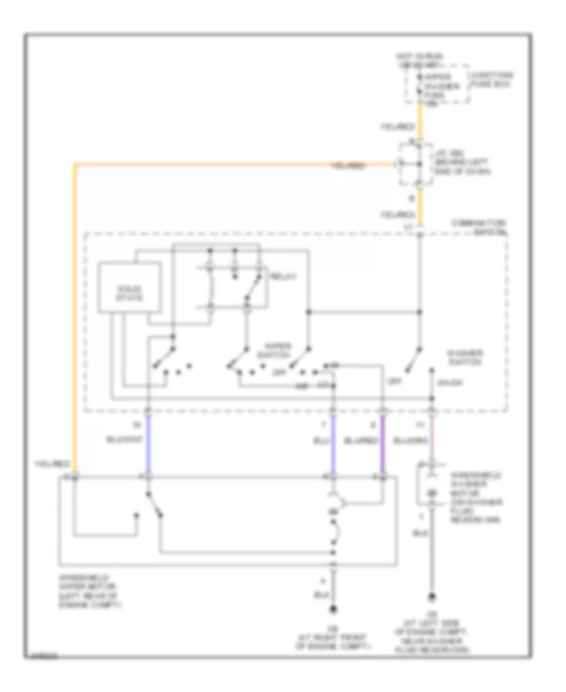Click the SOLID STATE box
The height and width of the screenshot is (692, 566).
128,293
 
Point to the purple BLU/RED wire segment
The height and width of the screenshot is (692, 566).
381,447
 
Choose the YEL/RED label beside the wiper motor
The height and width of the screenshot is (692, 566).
51,464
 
